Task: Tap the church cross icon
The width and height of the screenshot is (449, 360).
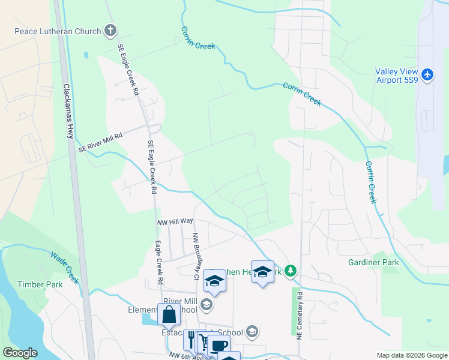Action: click(x=110, y=30)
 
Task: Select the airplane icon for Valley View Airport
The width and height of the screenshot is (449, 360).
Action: click(x=427, y=74)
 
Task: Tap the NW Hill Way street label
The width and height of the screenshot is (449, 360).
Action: click(x=175, y=222)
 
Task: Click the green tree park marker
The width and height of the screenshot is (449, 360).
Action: click(x=291, y=271)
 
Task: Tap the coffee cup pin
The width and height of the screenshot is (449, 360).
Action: click(x=218, y=345)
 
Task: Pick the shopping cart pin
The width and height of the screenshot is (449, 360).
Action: click(x=204, y=342)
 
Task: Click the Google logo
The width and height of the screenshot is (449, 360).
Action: click(x=20, y=353)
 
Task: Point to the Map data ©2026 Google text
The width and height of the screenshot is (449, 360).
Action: click(x=411, y=355)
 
